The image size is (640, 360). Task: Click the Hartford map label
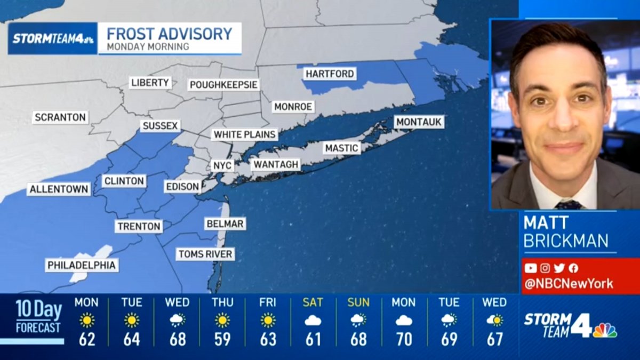(330, 74)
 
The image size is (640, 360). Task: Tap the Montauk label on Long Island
(419, 122)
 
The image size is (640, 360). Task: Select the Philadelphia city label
(82, 265)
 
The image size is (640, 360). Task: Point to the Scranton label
(60, 117)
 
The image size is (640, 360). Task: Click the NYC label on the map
(222, 166)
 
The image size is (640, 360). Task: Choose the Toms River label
(205, 254)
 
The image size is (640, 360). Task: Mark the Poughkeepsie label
(224, 85)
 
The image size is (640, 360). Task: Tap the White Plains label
(245, 134)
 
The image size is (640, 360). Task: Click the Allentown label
(59, 189)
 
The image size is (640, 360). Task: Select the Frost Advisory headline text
(170, 34)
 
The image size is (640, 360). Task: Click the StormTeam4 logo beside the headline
(53, 38)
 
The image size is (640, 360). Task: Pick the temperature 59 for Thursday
(222, 339)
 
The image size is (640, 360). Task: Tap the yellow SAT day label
(313, 302)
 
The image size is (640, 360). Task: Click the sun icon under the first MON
(86, 320)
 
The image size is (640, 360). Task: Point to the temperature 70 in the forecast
(404, 339)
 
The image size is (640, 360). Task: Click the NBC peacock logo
(604, 330)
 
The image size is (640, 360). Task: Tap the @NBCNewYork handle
(569, 284)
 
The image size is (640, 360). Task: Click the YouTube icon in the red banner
(530, 268)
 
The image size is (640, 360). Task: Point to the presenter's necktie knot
(569, 205)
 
